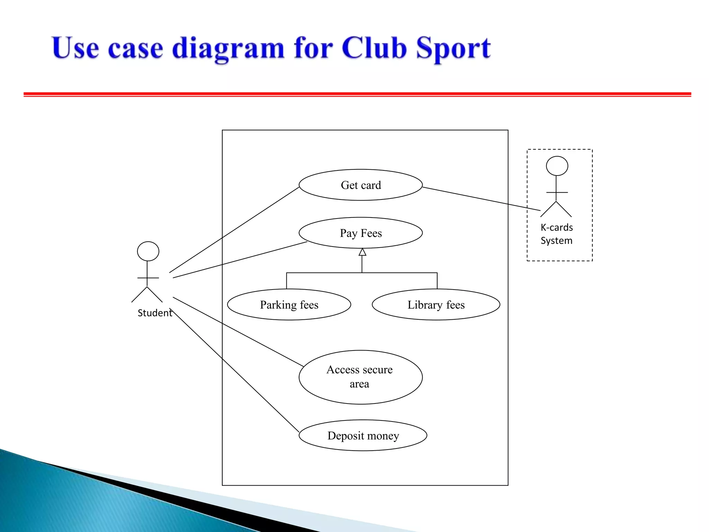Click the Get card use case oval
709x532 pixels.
pos(360,185)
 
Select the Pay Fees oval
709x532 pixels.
pos(360,233)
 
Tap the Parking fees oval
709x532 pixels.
pos(289,304)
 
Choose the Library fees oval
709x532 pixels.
pos(436,304)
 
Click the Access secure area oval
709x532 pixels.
pos(360,377)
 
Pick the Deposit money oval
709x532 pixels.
pos(363,435)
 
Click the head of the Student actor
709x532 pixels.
pos(148,251)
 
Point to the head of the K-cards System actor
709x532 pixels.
pos(557,166)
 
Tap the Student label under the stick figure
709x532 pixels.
pos(155,313)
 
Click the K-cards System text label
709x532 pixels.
pos(557,234)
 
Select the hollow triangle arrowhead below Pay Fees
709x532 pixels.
pos(362,252)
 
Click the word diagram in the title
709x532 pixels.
pos(228,48)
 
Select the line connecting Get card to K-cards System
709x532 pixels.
pos(481,199)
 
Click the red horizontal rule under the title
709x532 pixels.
pos(357,94)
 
